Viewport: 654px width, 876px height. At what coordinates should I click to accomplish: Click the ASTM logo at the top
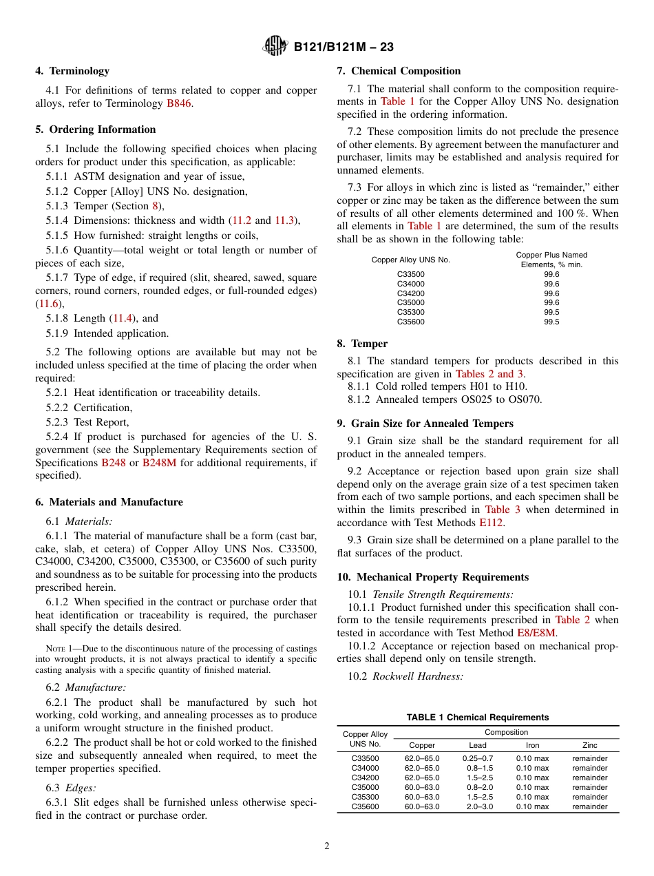tap(276, 47)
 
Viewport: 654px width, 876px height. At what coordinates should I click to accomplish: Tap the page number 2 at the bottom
tap(327, 846)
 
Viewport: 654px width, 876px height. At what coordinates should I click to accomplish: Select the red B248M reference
tap(159, 462)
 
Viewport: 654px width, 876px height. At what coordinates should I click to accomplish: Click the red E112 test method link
tap(491, 523)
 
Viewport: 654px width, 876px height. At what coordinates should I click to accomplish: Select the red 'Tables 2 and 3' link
tap(489, 373)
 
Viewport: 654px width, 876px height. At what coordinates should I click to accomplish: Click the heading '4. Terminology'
tap(72, 70)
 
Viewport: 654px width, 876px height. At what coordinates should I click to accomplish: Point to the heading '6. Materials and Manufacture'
tap(109, 502)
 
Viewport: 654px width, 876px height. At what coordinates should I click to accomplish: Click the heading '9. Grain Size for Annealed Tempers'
tap(425, 423)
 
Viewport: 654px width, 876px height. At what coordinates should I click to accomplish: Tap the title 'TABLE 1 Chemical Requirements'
tap(477, 717)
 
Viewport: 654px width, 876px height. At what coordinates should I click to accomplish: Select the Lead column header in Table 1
tap(477, 745)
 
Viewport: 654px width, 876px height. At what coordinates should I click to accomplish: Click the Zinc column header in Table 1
tap(589, 745)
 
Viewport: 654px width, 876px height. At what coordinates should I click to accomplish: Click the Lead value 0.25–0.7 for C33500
tap(477, 758)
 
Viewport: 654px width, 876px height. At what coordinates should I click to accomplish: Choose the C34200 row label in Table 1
tap(365, 778)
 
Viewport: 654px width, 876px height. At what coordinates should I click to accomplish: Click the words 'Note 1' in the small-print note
tap(59, 649)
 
